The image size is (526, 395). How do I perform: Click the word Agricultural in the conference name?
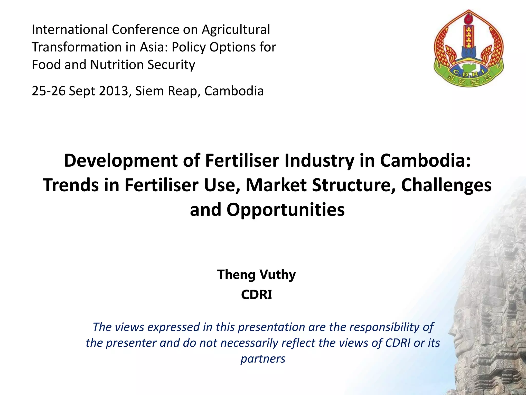236,29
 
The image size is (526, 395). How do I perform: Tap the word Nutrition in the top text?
117,65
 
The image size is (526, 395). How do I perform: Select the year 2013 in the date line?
114,91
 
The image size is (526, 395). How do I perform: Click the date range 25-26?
49,91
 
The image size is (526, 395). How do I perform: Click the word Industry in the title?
319,160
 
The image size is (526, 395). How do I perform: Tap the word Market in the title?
276,185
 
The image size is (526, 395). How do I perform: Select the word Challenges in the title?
446,185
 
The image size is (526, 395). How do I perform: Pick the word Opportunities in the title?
285,210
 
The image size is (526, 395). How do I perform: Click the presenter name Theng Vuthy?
256,274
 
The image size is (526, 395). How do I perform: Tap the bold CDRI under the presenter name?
256,295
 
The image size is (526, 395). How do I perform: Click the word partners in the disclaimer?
263,359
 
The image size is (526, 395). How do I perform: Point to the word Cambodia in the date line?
234,91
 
